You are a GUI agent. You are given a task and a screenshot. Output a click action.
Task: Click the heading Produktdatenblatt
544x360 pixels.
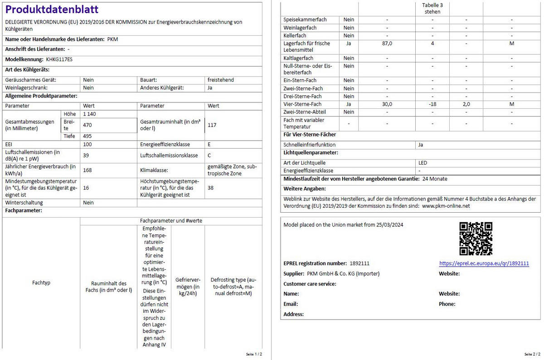pos(52,10)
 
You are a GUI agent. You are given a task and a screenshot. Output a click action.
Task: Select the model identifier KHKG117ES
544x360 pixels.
pos(59,59)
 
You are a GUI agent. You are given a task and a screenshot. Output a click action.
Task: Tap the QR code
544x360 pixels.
pos(476,238)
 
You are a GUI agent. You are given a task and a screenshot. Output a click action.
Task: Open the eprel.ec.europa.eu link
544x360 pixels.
pos(484,263)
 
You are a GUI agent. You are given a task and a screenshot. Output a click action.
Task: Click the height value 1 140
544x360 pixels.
pos(90,114)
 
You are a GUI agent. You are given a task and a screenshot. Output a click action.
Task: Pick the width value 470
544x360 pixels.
pos(88,125)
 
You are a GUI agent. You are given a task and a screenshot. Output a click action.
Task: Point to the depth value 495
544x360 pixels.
pos(88,136)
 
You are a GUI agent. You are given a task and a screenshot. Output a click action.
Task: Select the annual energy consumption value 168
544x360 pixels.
pos(88,170)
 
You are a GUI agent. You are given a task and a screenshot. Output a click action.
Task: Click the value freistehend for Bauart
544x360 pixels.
pos(221,80)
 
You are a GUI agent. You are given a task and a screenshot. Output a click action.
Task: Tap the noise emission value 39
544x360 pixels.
pos(87,155)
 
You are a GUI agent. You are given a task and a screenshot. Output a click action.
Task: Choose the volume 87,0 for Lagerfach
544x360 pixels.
pos(387,44)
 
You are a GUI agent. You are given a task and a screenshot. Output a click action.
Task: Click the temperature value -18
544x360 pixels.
pos(432,104)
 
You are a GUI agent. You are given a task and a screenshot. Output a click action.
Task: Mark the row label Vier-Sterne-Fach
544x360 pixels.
pos(302,104)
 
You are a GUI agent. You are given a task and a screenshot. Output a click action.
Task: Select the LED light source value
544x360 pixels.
pos(423,163)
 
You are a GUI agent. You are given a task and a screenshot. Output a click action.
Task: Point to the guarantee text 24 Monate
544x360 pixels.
pos(434,179)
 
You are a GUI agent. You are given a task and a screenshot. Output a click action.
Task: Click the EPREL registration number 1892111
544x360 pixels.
pos(359,263)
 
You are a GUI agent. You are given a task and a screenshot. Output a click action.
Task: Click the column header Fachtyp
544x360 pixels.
pos(41,282)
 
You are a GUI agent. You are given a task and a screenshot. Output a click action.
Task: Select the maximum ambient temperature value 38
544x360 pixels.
pos(211,187)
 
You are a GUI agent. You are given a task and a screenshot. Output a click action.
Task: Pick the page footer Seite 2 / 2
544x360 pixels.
pos(532,354)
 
